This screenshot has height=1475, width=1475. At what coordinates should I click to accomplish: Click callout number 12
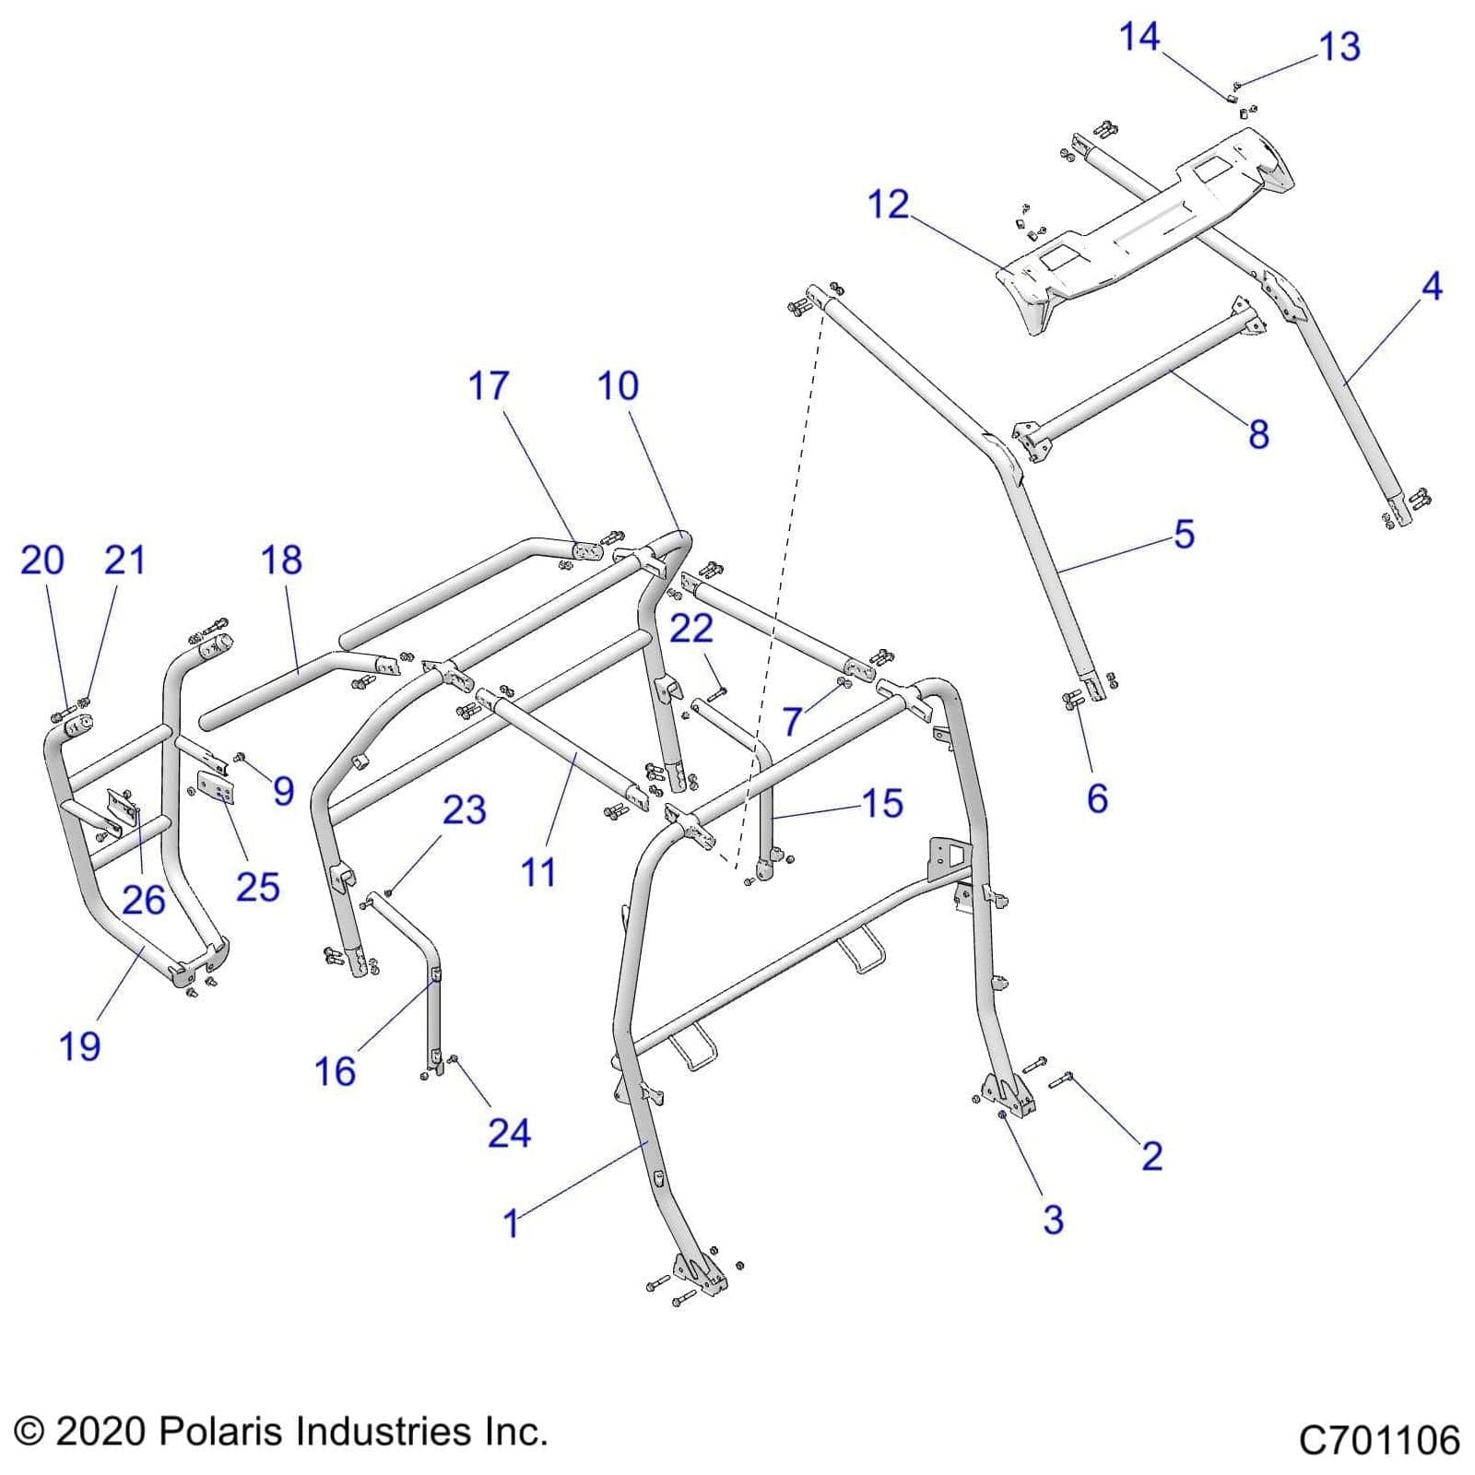[x=888, y=205]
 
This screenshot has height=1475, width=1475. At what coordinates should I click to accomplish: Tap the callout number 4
[x=1431, y=287]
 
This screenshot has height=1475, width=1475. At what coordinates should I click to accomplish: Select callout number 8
[x=1258, y=434]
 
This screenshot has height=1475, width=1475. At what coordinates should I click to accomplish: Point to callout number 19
[x=79, y=1046]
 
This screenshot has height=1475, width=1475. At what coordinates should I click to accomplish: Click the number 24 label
[x=509, y=1132]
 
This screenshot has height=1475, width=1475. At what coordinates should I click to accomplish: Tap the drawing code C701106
[x=1378, y=1440]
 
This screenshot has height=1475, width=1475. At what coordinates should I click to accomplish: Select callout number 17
[x=488, y=385]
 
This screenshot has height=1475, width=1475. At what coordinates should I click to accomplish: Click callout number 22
[x=690, y=629]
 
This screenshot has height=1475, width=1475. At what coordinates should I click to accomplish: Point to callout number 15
[x=881, y=803]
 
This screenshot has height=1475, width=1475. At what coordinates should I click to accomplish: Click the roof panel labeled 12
[x=1143, y=221]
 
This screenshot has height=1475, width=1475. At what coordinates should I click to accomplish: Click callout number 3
[x=1053, y=1219]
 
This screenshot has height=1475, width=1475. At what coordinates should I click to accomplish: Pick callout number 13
[x=1339, y=47]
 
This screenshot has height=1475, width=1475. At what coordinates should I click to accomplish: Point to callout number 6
[x=1097, y=798]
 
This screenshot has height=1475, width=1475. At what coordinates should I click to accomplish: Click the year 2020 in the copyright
[x=100, y=1432]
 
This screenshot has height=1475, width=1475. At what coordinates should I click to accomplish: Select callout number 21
[x=124, y=560]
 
